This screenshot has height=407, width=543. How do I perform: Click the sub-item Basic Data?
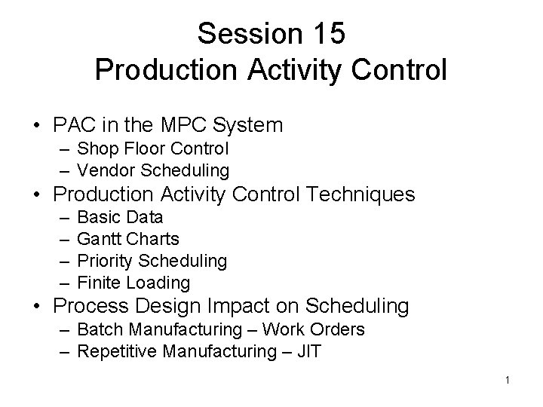click(120, 218)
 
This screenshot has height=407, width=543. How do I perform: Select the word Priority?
click(103, 261)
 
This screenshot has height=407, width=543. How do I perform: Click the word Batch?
click(98, 330)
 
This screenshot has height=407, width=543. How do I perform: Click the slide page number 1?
click(508, 381)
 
